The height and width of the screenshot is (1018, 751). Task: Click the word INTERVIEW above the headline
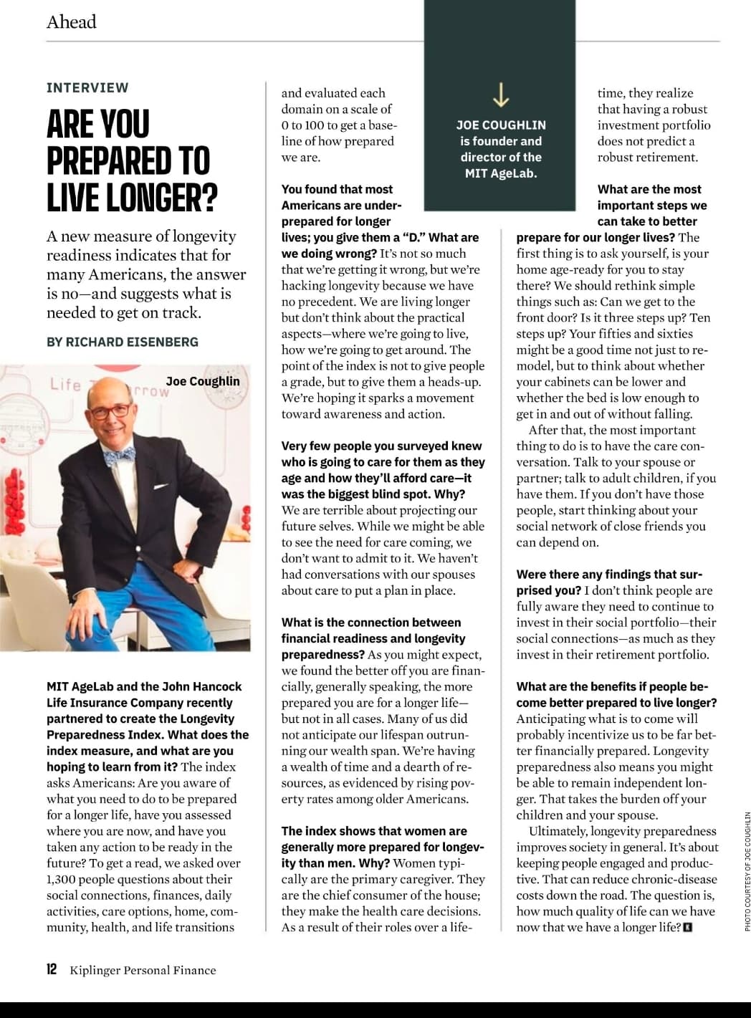[x=87, y=87]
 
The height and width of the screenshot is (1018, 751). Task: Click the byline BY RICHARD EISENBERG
[x=123, y=342]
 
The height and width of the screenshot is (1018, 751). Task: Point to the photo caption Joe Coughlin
[x=203, y=381]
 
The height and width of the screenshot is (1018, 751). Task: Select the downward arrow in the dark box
[x=501, y=94]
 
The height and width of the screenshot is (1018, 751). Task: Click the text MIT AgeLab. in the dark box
[x=501, y=173]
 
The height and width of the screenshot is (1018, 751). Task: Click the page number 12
[x=52, y=969]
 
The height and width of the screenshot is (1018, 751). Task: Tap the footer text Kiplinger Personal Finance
[x=143, y=970]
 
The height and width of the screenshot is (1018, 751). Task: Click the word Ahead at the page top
[x=71, y=22]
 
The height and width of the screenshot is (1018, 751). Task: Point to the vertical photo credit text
[x=747, y=871]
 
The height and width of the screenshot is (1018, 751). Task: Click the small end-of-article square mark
[x=689, y=928]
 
